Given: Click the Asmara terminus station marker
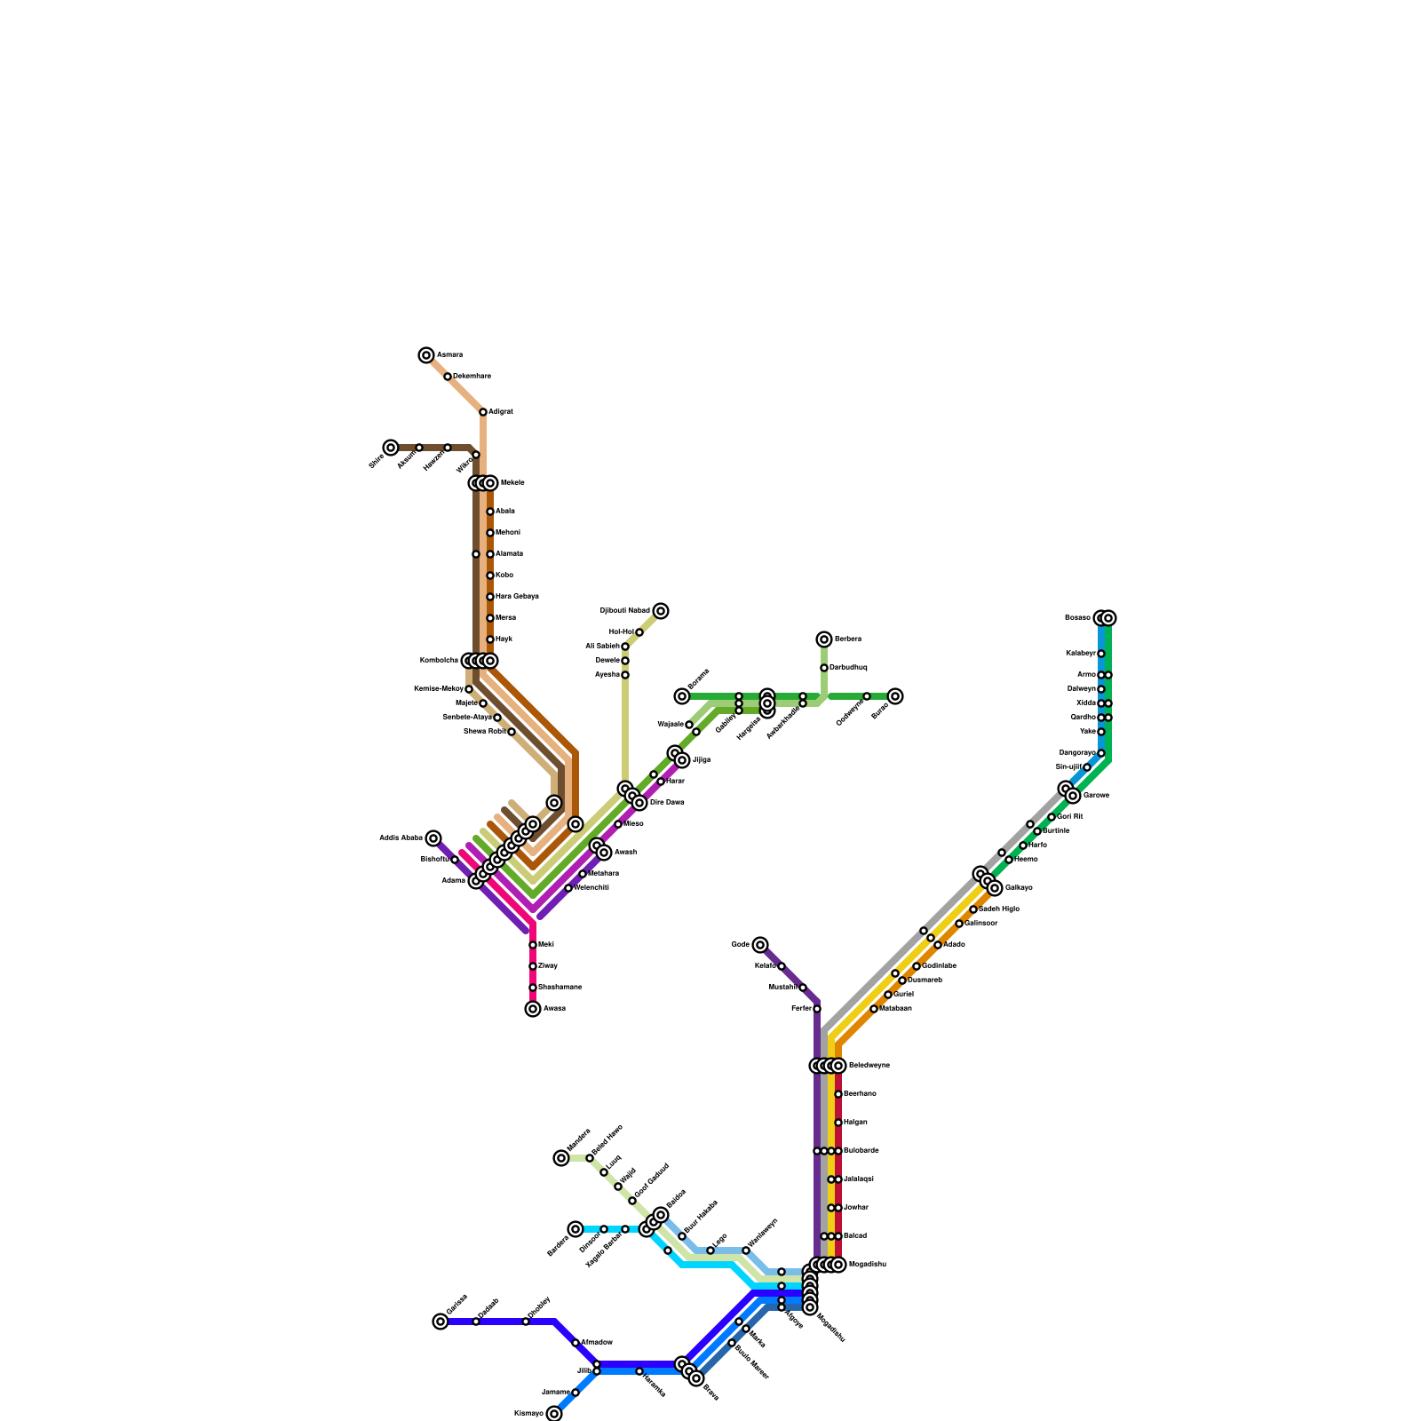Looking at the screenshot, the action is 426,355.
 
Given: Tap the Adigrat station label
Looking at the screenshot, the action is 501,412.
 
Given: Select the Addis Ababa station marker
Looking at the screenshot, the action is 433,838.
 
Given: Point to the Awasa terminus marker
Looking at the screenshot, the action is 533,1009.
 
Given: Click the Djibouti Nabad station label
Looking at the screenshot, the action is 625,611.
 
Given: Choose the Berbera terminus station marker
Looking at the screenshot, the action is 824,639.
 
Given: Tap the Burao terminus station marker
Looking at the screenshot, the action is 895,696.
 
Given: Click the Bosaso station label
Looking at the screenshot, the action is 1077,618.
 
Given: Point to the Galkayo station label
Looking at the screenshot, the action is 1019,888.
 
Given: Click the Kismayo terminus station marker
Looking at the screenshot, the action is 554,1414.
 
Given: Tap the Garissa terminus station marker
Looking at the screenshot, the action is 441,1322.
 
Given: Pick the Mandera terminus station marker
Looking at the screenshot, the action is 561,1158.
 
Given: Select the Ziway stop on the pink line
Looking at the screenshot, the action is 533,966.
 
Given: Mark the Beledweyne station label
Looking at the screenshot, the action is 869,1066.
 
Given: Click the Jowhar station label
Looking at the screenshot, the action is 856,1208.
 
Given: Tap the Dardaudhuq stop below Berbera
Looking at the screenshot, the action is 824,668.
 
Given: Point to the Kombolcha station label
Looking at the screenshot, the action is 439,661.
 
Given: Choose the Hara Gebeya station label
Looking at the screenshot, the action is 517,597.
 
